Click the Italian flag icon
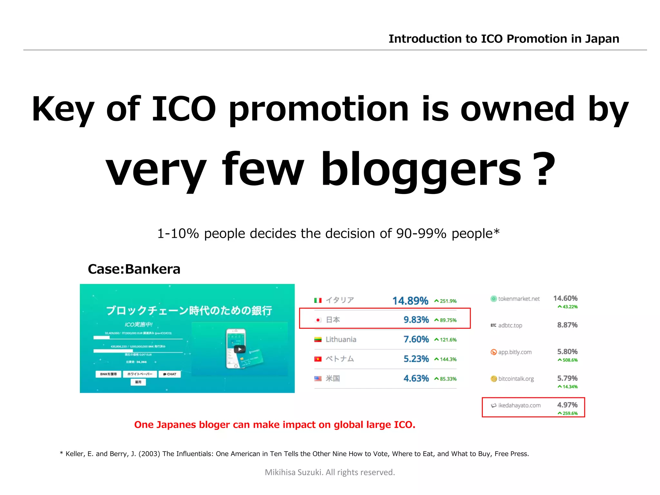[318, 300]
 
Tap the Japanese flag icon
[318, 320]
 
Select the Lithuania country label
[341, 339]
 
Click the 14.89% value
[410, 301]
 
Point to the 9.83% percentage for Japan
[416, 320]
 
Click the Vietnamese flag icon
[318, 359]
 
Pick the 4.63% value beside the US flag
[416, 378]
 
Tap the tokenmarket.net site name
[519, 299]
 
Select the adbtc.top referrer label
[510, 325]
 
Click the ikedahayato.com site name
[519, 405]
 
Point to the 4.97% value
[567, 405]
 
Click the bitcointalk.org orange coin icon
[493, 379]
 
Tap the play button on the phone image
[239, 349]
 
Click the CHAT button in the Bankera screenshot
[170, 374]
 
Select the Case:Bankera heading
[134, 269]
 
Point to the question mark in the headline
[543, 170]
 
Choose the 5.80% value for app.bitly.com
[567, 352]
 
